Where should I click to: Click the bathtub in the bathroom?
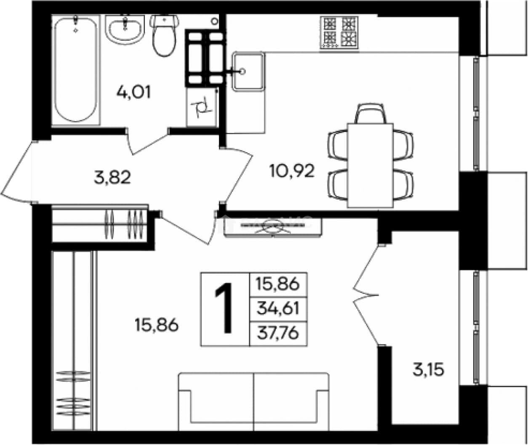(x=75, y=69)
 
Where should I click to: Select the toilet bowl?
(x=164, y=35)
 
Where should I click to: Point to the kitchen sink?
(x=248, y=72)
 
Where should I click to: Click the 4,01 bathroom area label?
(x=133, y=92)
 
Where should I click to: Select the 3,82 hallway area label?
(x=112, y=177)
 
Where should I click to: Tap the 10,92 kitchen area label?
(x=292, y=171)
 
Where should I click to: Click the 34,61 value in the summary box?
(x=278, y=309)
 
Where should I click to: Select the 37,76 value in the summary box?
(x=278, y=333)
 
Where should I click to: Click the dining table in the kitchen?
(x=370, y=166)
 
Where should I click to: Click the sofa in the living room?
(x=253, y=401)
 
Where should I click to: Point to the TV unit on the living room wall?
(x=273, y=227)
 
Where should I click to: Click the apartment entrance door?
(x=18, y=172)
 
